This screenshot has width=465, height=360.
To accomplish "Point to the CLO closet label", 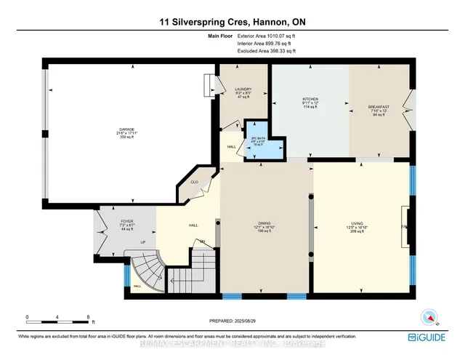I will [x=195, y=182].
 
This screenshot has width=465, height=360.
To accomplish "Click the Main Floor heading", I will [x=204, y=33].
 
